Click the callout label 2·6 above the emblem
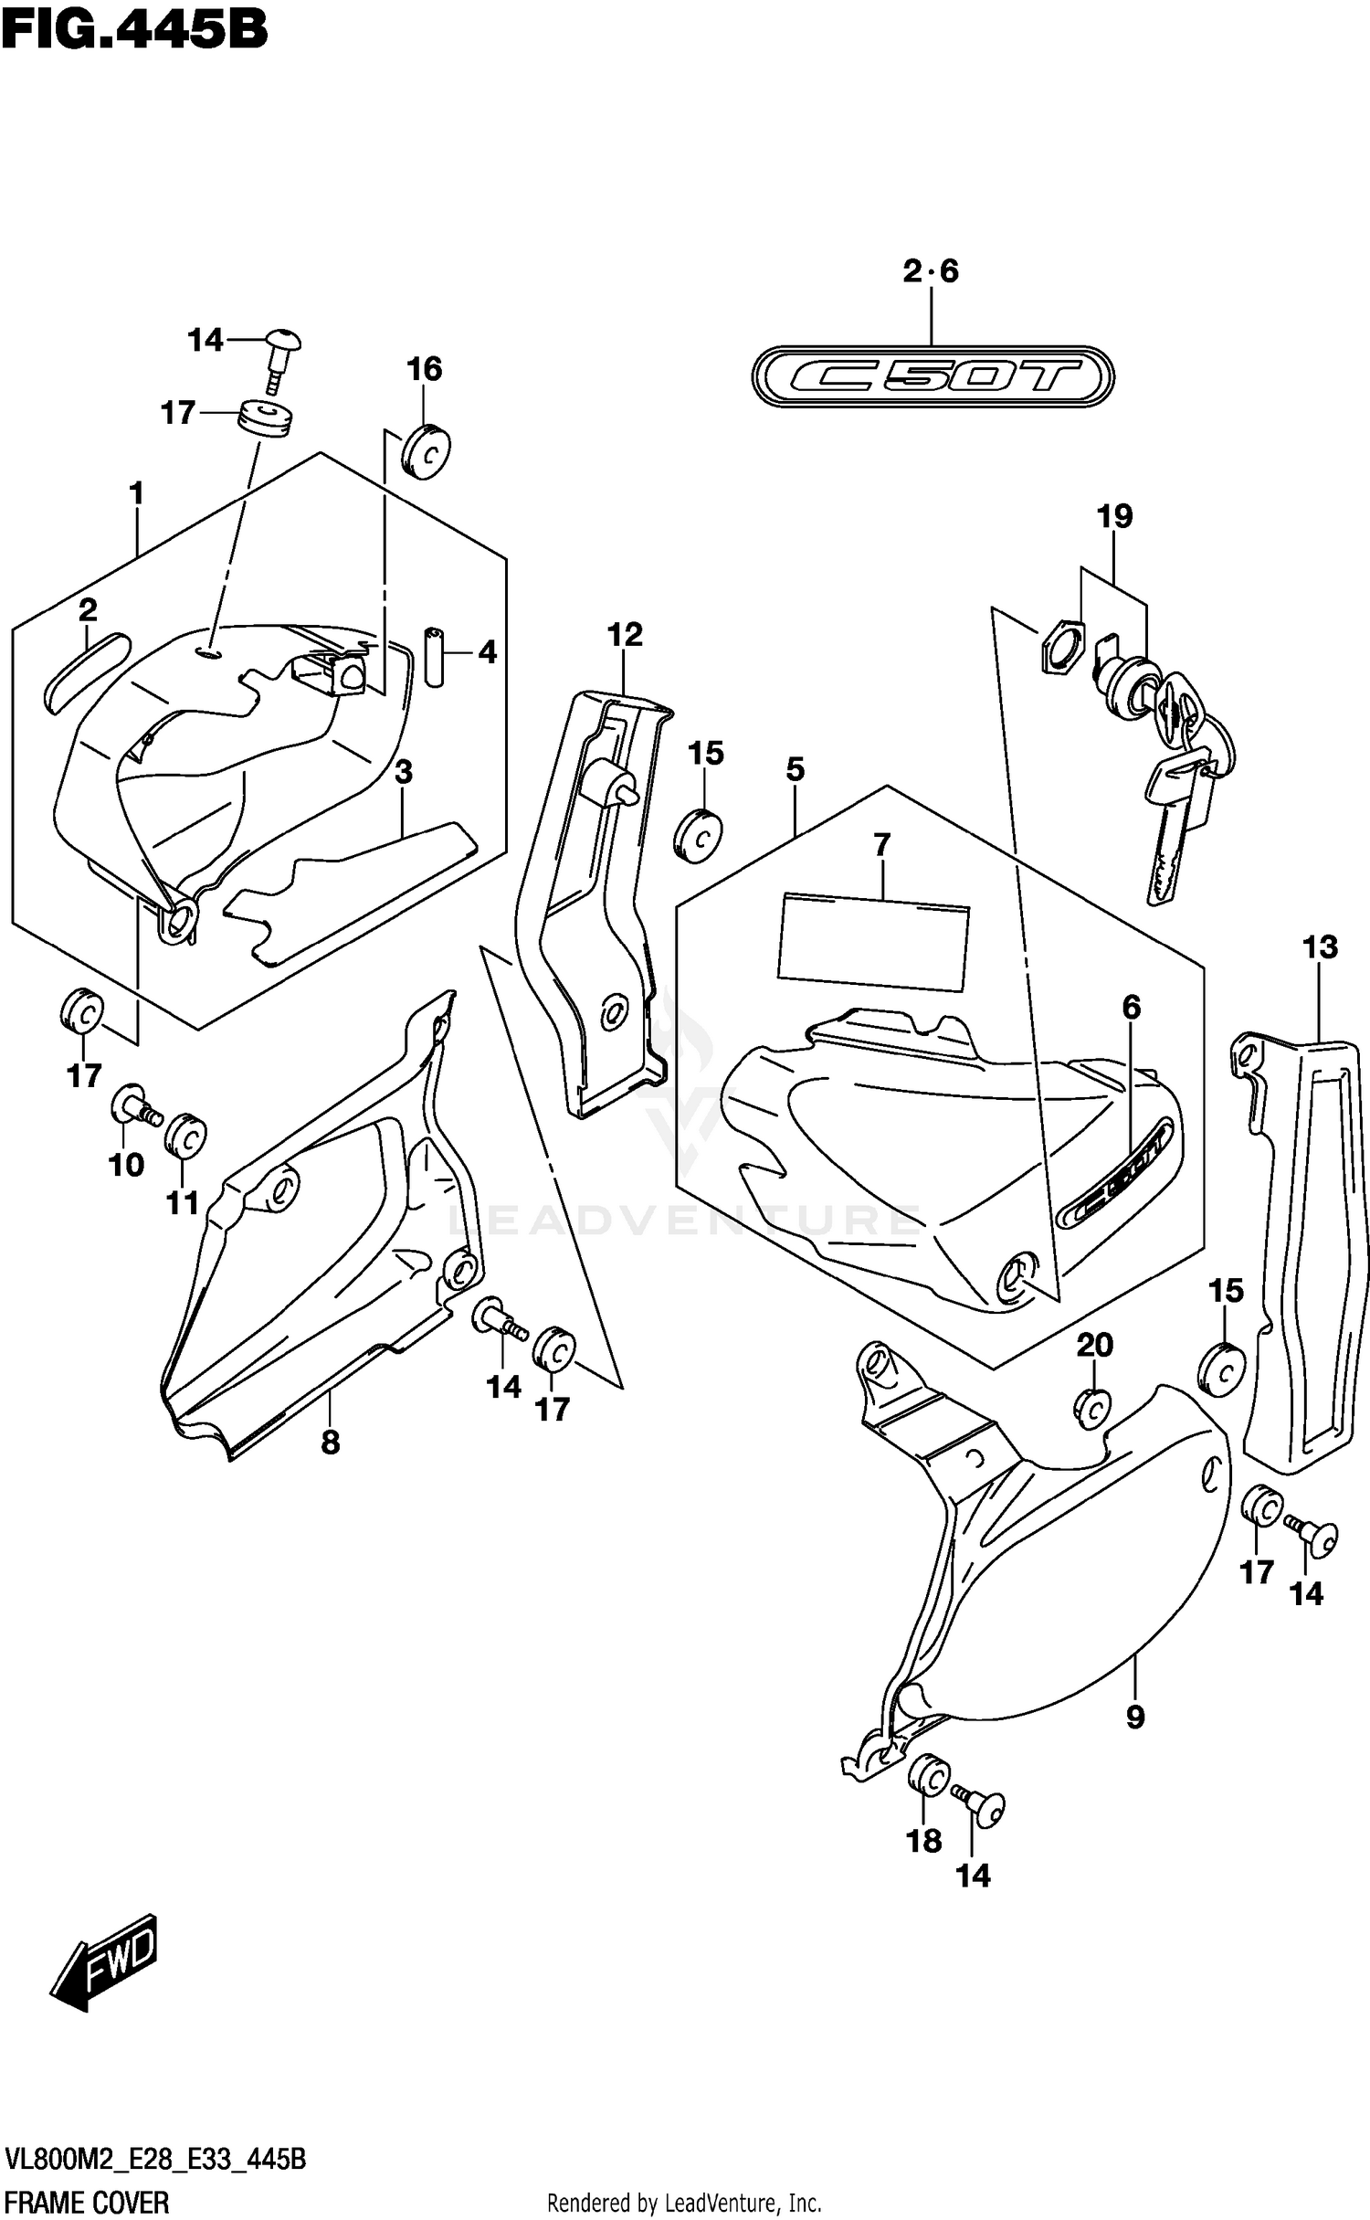point(931,271)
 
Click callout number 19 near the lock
point(1114,516)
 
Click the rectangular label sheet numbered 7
point(872,942)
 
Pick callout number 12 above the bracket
point(626,634)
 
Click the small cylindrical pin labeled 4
point(434,656)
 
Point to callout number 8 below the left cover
point(331,1442)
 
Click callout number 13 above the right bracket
point(1320,947)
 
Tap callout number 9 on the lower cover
point(1135,1718)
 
